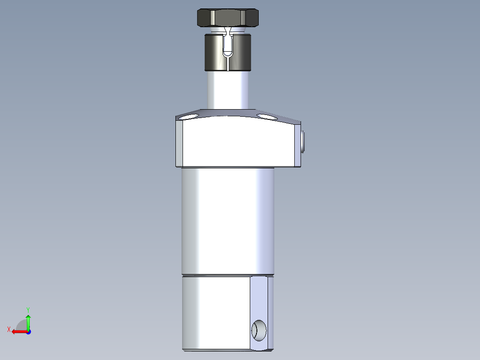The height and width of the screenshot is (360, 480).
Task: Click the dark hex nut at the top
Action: [228, 18]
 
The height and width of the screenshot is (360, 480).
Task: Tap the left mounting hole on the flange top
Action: [190, 117]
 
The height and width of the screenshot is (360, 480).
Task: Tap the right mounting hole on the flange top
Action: [267, 117]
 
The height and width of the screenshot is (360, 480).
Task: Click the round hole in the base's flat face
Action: [259, 330]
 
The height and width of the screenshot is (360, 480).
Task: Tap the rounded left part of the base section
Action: [214, 312]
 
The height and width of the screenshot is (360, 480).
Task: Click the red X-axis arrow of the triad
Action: [18, 331]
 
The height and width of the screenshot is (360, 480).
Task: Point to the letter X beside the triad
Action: [8, 329]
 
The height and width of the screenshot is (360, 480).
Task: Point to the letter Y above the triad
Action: [28, 309]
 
